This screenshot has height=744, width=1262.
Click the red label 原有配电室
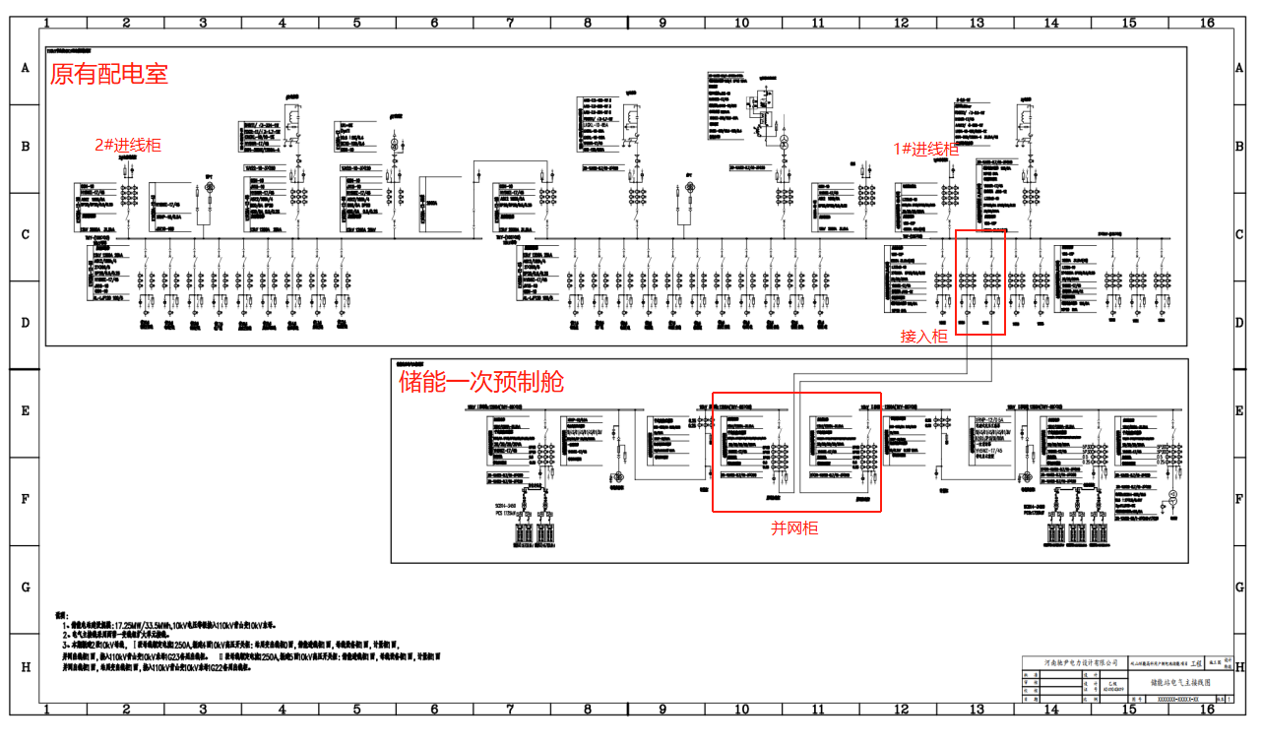pos(108,75)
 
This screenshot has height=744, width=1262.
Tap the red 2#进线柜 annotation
pos(127,145)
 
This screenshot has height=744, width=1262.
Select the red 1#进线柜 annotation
pos(925,149)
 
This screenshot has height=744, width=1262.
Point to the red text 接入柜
pos(923,337)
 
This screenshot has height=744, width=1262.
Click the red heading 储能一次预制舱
pos(480,382)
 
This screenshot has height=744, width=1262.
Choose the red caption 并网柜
pos(793,528)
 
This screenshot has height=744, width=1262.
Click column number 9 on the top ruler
pos(663,22)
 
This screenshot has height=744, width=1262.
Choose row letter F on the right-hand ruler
pos(1239,499)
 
